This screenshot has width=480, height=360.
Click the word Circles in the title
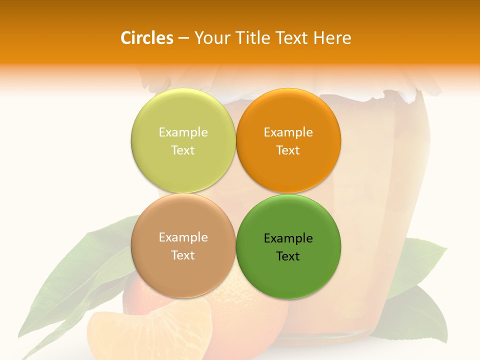pos(146,38)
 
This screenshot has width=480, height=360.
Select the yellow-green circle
pos(183,141)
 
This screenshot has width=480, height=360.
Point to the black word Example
pos(288,238)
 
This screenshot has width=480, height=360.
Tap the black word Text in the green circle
pos(288,256)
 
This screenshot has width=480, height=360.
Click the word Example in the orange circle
pos(288,132)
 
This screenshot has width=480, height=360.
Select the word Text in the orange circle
pos(288,150)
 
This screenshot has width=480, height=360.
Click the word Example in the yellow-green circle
pos(183,132)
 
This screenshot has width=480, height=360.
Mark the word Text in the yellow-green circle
pos(183,150)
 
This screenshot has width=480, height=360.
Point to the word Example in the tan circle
pos(183,237)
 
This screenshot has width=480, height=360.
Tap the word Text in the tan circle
pos(183,255)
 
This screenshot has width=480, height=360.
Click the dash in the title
pos(183,38)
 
